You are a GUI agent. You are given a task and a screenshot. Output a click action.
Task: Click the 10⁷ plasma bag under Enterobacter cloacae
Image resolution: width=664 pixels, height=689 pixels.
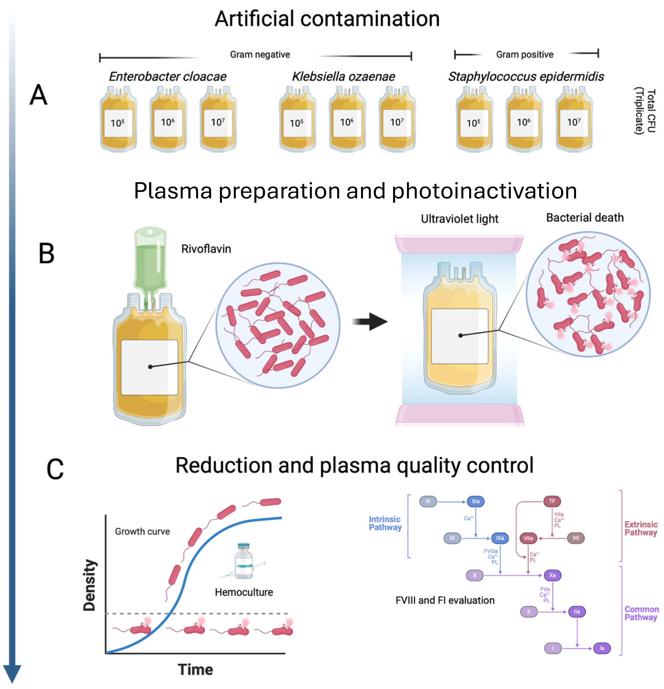[x=218, y=119]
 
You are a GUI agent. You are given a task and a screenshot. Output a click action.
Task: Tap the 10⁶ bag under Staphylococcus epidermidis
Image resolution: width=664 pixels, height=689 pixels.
[x=524, y=119]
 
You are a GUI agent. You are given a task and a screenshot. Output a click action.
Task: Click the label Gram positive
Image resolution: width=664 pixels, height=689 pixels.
[x=524, y=54]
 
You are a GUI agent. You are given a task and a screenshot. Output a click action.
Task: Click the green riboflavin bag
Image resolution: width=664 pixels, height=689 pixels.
[x=150, y=260]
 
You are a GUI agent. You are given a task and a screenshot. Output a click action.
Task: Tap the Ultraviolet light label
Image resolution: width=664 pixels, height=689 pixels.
[x=459, y=219]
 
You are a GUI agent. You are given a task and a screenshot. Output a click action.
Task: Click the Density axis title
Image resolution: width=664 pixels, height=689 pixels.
[x=89, y=586]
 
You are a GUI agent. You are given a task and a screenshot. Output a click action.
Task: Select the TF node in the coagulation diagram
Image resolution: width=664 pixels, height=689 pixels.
[x=552, y=501]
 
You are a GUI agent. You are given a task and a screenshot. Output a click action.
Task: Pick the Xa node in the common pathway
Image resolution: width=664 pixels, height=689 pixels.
[x=552, y=575]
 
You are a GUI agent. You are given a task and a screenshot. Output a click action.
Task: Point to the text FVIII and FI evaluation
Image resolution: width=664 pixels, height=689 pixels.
[x=445, y=600]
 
